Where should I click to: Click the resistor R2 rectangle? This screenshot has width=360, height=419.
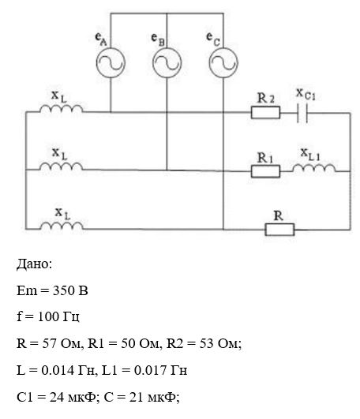click(x=265, y=113)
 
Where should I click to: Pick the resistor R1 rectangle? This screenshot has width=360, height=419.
click(x=265, y=171)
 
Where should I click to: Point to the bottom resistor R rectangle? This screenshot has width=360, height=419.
click(x=279, y=230)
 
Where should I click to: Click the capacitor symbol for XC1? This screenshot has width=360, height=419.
click(x=302, y=113)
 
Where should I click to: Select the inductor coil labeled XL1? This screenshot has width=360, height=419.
click(x=313, y=167)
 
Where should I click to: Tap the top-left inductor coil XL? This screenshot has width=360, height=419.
click(x=62, y=107)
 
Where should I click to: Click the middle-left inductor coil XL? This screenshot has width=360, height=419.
click(x=62, y=166)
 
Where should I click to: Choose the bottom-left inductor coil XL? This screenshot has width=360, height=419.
click(x=62, y=225)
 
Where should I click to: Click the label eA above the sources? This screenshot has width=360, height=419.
click(x=101, y=39)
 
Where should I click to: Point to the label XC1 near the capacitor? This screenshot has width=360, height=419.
click(x=306, y=95)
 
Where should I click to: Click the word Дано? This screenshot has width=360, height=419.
click(x=33, y=264)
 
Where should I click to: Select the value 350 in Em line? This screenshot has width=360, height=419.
click(x=62, y=290)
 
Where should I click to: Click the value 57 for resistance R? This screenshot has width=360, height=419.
click(x=49, y=343)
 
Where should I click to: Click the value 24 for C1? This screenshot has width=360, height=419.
click(x=56, y=397)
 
